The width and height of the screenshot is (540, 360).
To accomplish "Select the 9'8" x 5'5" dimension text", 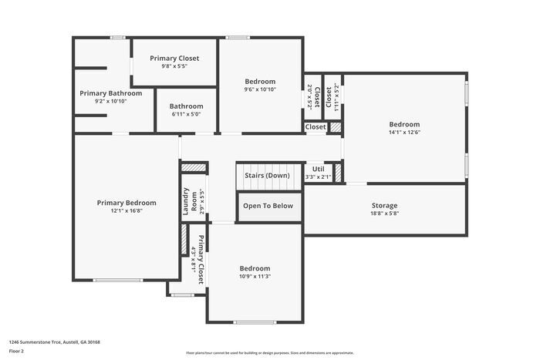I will [174, 66].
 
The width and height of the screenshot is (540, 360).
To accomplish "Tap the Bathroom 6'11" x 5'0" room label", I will [186, 106].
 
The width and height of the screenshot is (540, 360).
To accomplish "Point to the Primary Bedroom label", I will [126, 203].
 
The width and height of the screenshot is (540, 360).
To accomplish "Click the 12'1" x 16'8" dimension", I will [126, 211].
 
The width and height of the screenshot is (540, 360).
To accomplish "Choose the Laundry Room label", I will [186, 202].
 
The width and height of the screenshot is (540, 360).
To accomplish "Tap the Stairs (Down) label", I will [267, 176].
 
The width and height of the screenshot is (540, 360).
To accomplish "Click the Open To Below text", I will [268, 206].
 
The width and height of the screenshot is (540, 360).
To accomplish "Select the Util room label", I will [317, 170].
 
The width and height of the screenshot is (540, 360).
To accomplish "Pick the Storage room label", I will [384, 205].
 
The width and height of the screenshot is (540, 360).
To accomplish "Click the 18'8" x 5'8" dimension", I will [384, 214].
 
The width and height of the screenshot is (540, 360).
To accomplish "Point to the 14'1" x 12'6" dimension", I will [404, 133].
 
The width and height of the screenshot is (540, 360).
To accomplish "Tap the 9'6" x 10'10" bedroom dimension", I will [260, 89].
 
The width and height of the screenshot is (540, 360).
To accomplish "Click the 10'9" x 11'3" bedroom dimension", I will [255, 276].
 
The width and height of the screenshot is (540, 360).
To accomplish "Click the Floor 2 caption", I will [16, 351].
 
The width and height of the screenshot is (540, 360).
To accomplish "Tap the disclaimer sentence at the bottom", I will [269, 351].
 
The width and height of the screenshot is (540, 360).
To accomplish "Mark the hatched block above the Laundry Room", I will [194, 167].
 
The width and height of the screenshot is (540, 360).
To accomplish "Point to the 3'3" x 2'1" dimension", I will [317, 177].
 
